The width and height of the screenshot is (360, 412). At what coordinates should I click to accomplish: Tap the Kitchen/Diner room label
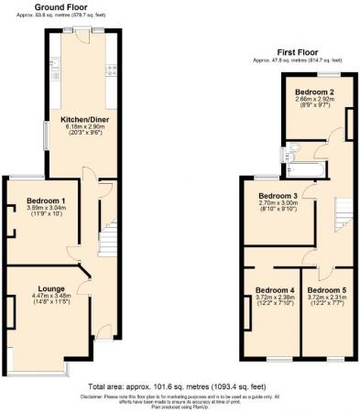click(x=80, y=120)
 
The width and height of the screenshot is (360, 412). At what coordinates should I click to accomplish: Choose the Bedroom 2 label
click(x=313, y=92)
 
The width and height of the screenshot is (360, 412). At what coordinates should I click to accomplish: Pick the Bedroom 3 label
click(x=277, y=197)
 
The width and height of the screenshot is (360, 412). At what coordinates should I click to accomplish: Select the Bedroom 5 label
click(x=327, y=289)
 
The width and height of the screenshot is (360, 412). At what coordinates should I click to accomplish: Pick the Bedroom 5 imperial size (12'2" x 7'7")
click(x=327, y=305)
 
